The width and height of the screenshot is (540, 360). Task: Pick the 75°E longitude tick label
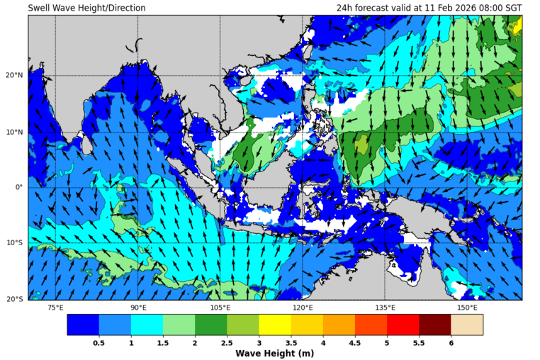coord(55,308)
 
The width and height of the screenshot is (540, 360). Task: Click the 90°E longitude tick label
coord(138,308)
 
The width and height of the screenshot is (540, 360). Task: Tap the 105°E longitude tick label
coord(220,308)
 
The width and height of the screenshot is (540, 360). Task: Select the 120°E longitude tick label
coord(303,308)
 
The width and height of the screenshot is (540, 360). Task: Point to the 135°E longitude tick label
coord(385,308)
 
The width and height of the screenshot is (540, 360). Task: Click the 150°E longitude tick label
coord(467,308)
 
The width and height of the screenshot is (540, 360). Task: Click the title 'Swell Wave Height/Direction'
coord(86,8)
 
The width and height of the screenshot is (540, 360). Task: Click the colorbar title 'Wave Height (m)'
coord(275,353)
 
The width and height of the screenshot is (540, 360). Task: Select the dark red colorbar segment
coord(435,325)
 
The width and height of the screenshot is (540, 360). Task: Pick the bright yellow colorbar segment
coord(275,325)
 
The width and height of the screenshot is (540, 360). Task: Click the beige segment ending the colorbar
coord(467,325)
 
